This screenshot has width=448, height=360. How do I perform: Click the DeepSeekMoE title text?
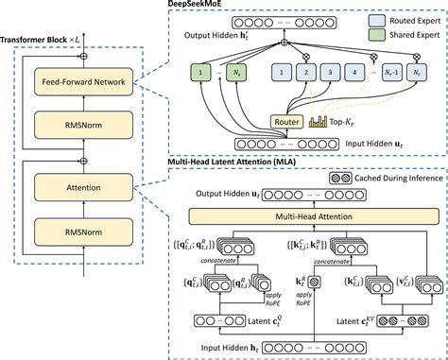click(203, 5)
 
